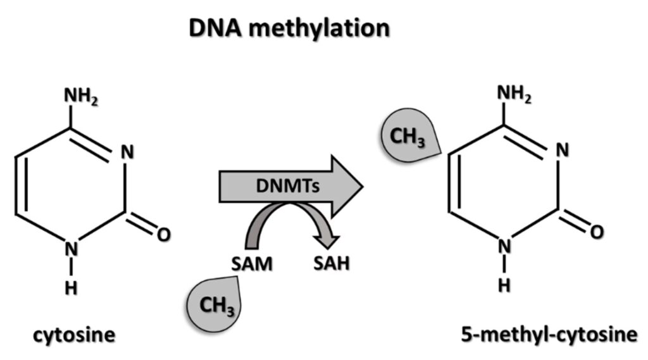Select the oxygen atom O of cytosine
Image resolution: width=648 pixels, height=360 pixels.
coord(163,235)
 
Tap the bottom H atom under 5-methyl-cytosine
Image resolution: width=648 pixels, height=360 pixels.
coord(504,285)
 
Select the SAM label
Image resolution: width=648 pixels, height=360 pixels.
coord(251,264)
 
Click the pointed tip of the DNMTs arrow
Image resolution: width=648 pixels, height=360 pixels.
coord(362,185)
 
